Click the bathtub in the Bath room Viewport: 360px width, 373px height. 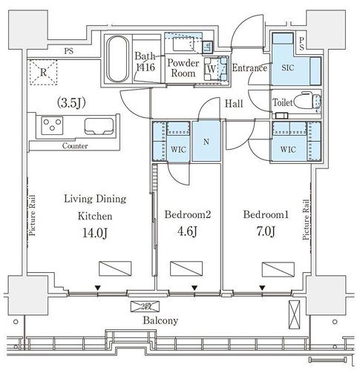pyautogui.click(x=118, y=59)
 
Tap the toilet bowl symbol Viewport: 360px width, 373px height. pyautogui.click(x=307, y=101)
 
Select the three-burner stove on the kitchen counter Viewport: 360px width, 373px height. pyautogui.click(x=52, y=125)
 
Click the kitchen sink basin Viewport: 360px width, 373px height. pyautogui.click(x=99, y=126)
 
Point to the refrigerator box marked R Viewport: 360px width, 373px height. pyautogui.click(x=43, y=72)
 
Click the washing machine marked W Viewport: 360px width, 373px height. pyautogui.click(x=215, y=69)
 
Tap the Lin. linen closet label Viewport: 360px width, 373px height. pyautogui.click(x=207, y=47)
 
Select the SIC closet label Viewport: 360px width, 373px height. pyautogui.click(x=288, y=67)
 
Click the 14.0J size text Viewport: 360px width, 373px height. pyautogui.click(x=95, y=233)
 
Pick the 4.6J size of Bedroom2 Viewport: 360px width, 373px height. pyautogui.click(x=187, y=231)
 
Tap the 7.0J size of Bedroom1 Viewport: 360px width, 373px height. pyautogui.click(x=266, y=231)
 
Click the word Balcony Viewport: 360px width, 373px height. pyautogui.click(x=160, y=320)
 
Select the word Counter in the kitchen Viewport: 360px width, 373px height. pyautogui.click(x=75, y=146)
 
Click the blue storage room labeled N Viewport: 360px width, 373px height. pyautogui.click(x=206, y=141)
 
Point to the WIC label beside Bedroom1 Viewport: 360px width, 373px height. pyautogui.click(x=288, y=149)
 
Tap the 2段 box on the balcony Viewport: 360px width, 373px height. pyautogui.click(x=145, y=306)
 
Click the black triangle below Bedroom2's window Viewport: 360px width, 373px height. pyautogui.click(x=194, y=288)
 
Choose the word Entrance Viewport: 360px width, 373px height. pyautogui.click(x=249, y=68)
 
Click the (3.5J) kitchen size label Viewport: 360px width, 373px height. pyautogui.click(x=71, y=103)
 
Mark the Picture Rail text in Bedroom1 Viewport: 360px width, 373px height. pyautogui.click(x=307, y=219)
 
